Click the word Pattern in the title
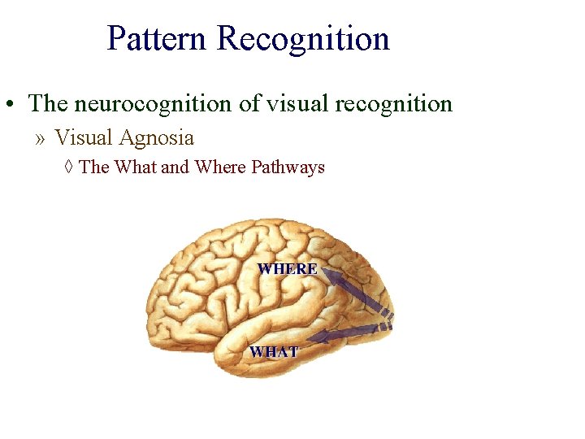(158, 38)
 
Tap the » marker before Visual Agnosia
(41, 138)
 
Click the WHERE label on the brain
(288, 268)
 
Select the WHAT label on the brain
(274, 352)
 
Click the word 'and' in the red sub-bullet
(175, 167)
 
